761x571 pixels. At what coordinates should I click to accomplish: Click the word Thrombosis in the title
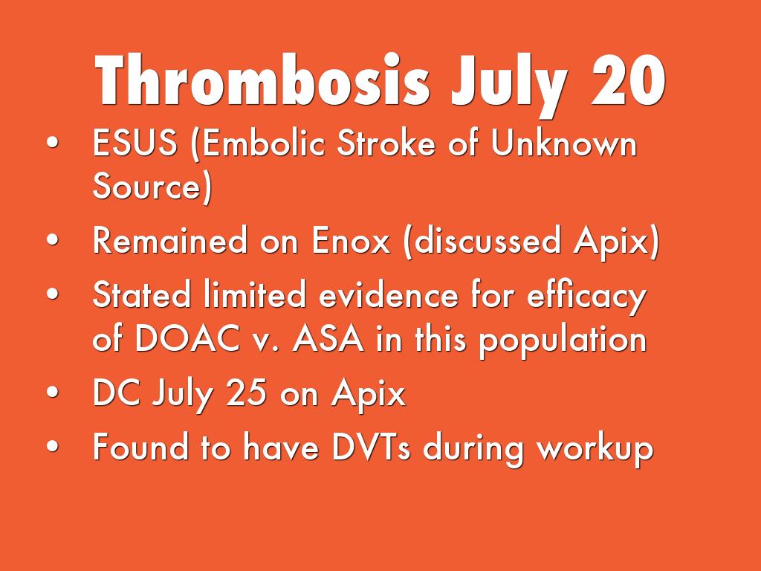click(262, 80)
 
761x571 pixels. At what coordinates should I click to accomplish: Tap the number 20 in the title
click(628, 80)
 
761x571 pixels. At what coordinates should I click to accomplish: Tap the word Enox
click(351, 240)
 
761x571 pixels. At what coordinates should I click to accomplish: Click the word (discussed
click(482, 241)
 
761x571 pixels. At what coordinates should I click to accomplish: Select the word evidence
click(388, 294)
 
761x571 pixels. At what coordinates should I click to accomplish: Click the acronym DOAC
click(187, 338)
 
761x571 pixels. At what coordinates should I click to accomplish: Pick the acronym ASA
click(328, 338)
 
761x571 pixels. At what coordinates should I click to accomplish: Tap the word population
click(563, 341)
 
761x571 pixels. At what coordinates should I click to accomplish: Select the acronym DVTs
click(372, 447)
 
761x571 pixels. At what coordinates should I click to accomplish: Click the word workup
click(595, 448)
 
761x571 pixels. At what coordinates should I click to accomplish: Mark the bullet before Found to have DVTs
click(53, 447)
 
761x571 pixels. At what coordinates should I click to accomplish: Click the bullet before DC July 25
click(53, 393)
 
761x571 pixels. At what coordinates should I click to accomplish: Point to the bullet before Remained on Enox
click(53, 240)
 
